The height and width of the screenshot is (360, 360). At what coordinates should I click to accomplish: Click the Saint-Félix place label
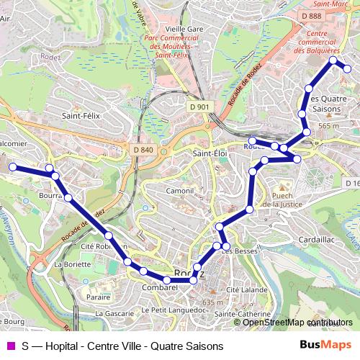(x=81, y=114)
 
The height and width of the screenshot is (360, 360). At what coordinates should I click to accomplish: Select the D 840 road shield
(x=143, y=149)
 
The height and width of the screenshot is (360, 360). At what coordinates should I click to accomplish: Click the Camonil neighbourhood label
(x=180, y=191)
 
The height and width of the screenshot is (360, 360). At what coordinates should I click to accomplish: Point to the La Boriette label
(x=91, y=264)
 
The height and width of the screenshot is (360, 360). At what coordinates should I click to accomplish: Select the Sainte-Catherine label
(x=242, y=314)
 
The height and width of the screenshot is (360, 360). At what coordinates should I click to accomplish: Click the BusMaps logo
(x=325, y=345)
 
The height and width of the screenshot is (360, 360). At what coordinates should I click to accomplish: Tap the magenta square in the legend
(x=11, y=346)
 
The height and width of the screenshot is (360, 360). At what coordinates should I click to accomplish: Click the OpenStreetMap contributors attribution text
(x=297, y=323)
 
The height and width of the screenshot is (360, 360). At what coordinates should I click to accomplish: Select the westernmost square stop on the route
(x=12, y=167)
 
